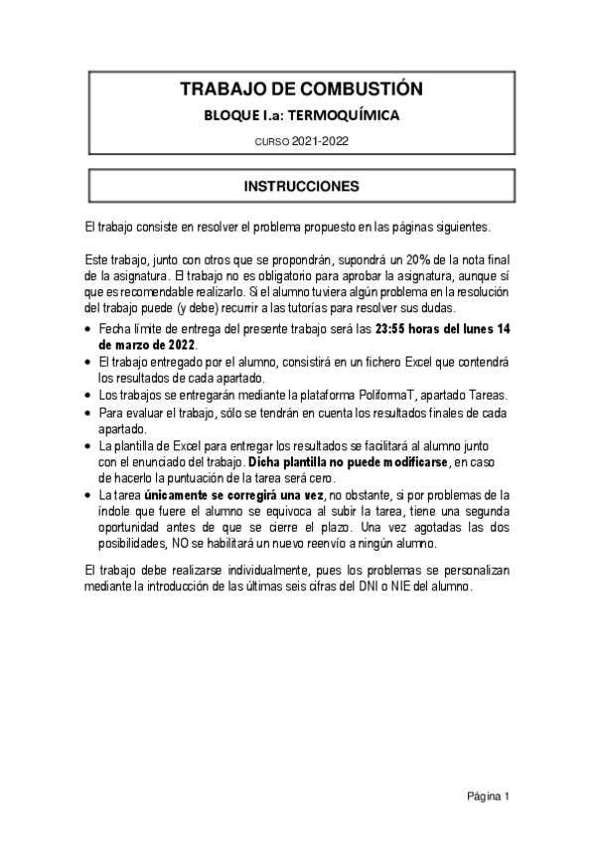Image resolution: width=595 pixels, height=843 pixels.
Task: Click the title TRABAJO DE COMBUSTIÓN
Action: pyautogui.click(x=301, y=89)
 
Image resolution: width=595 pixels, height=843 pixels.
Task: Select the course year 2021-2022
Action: pyautogui.click(x=321, y=142)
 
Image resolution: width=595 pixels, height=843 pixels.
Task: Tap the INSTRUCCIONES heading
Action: pyautogui.click(x=302, y=186)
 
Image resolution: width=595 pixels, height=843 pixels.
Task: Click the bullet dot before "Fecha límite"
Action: pyautogui.click(x=90, y=330)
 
